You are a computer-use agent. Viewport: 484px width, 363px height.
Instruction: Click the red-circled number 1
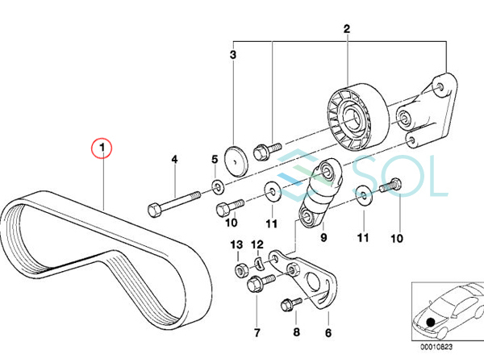coord(102,148)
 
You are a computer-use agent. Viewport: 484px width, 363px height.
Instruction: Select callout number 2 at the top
coord(347,30)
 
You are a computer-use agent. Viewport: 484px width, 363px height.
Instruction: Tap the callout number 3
coord(233,55)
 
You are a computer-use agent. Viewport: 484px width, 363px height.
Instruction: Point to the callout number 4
coord(173,160)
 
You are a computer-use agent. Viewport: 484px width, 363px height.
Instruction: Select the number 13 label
coord(236,244)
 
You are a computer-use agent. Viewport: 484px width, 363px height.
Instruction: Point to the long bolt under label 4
coord(190,202)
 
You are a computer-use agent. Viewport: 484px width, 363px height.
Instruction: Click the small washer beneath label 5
coord(219,189)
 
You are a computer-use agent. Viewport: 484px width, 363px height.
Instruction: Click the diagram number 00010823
coord(435,348)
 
